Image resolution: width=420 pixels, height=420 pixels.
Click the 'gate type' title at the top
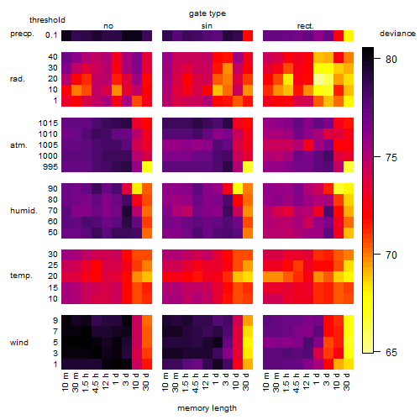[207, 13]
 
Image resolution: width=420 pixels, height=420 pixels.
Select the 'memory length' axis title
[207, 408]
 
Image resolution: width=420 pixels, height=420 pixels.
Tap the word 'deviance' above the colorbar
[397, 34]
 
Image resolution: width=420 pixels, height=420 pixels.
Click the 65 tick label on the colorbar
[391, 352]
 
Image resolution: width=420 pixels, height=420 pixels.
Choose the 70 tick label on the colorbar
[391, 255]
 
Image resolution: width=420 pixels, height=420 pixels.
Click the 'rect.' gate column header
[305, 26]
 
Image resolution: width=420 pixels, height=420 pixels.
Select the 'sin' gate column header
[207, 26]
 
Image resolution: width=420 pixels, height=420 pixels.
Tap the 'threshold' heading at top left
[47, 20]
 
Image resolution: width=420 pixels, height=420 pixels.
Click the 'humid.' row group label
[24, 211]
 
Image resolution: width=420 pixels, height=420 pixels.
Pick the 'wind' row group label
[19, 343]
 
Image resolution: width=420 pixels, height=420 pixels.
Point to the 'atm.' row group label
[18, 145]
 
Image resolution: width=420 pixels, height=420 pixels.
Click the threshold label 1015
[48, 123]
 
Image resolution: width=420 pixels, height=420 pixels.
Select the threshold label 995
[50, 167]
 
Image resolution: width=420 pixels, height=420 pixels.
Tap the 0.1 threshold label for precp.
[51, 35]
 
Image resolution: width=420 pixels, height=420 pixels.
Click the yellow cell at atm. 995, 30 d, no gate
[147, 167]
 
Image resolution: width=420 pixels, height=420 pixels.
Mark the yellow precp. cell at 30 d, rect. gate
[349, 35]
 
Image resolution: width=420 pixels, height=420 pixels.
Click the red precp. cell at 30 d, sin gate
[248, 35]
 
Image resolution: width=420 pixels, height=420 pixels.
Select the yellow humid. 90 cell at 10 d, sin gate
[238, 189]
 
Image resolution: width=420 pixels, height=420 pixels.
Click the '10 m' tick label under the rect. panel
[266, 381]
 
